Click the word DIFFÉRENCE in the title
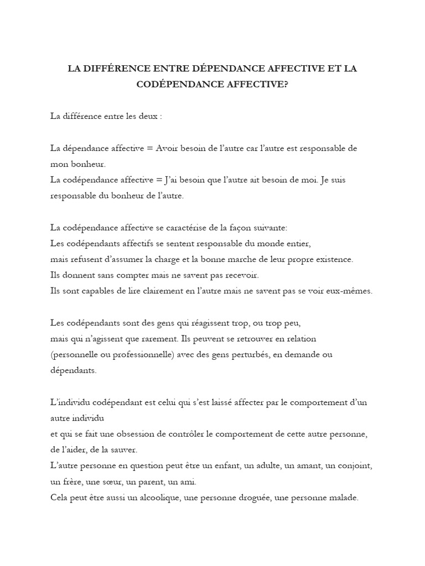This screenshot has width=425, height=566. (116, 69)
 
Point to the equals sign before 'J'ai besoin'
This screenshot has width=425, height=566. (151, 180)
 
